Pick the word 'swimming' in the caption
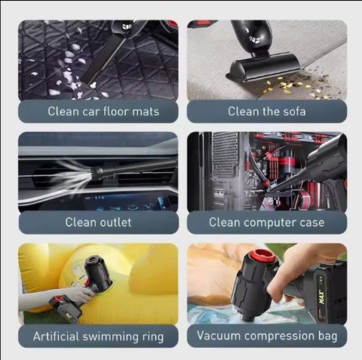click(110, 337)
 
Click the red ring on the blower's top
click(262, 256)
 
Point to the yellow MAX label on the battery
click(321, 297)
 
